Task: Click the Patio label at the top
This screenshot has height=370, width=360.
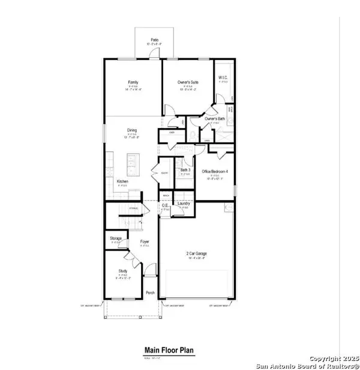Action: tap(154, 40)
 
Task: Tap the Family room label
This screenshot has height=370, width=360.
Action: tap(133, 82)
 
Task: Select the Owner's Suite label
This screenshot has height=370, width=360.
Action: tap(188, 82)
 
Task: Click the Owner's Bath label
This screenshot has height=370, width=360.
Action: tap(214, 119)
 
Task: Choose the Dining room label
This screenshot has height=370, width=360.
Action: tap(132, 130)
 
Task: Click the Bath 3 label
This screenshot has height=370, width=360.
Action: tap(185, 170)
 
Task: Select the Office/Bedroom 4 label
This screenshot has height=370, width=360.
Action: tap(215, 172)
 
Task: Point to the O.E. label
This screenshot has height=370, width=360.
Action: tap(165, 205)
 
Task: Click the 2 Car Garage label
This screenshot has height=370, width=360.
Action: tap(196, 254)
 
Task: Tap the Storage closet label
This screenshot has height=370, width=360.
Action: tap(116, 239)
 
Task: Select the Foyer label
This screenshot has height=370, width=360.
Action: tap(145, 242)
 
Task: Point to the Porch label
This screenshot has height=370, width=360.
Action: tap(150, 293)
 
